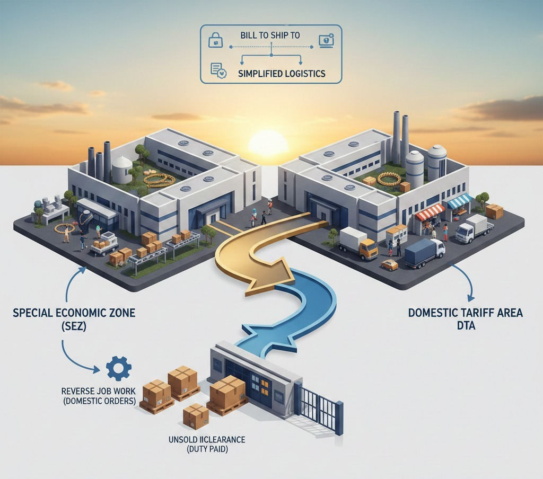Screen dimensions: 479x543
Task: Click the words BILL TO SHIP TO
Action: click(270, 36)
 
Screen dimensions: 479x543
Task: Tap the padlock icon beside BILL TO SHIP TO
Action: click(216, 39)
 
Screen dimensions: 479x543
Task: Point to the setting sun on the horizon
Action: click(268, 144)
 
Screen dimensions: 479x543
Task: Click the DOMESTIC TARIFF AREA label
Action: click(465, 318)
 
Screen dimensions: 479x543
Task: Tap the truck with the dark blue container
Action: click(424, 252)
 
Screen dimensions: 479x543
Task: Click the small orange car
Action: click(390, 264)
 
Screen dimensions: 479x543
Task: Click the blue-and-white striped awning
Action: click(459, 200)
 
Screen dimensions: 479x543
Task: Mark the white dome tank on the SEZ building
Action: click(122, 168)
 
